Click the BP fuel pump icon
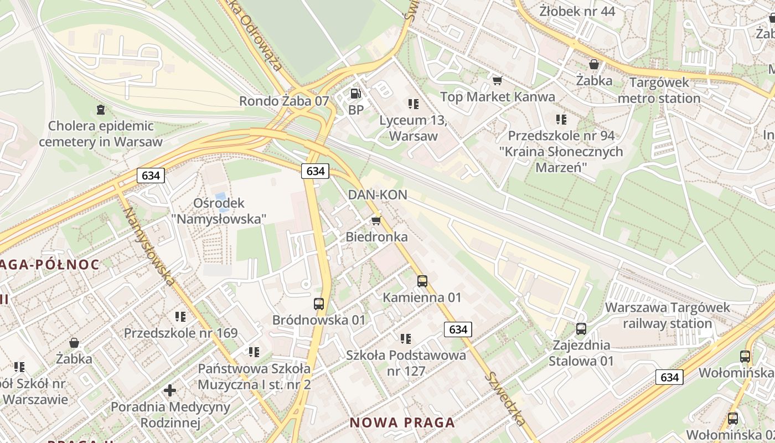(x=355, y=94)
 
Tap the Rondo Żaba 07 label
(x=284, y=101)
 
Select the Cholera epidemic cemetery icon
(x=100, y=110)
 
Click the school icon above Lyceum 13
(x=413, y=104)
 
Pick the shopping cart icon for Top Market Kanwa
(x=497, y=81)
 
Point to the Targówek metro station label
(x=659, y=90)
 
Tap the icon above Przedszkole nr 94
(x=561, y=119)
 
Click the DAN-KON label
(x=378, y=194)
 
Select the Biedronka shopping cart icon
(x=376, y=221)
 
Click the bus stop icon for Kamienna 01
(x=422, y=281)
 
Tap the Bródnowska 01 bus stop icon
(x=319, y=304)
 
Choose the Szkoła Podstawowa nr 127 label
(x=406, y=363)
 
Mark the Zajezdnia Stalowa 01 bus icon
(x=581, y=329)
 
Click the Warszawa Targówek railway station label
(x=668, y=315)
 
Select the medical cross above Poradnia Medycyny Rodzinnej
(x=170, y=390)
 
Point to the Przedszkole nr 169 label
(x=180, y=333)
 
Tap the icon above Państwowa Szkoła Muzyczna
(x=254, y=352)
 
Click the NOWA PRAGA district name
(x=402, y=423)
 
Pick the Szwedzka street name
(x=505, y=398)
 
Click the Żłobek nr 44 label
(x=577, y=11)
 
